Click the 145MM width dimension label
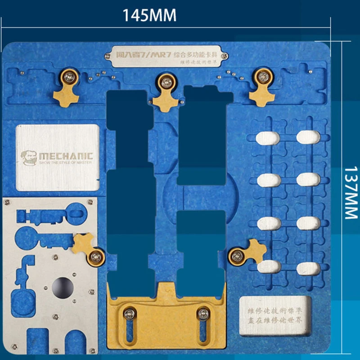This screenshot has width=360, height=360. click(150, 15)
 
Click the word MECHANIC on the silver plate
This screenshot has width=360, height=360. click(66, 156)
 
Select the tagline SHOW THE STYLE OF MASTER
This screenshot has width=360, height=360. click(65, 162)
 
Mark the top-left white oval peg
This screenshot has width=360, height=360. click(269, 138)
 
